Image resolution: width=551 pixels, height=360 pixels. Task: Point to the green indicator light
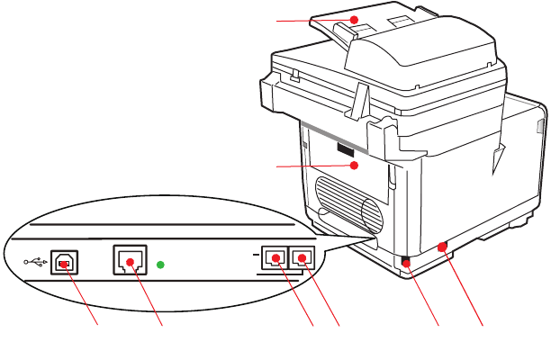point(160,265)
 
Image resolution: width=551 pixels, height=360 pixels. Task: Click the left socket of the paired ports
point(274,258)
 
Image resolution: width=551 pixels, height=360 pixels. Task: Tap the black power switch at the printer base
point(405,262)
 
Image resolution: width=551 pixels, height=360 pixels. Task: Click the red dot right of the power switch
point(440,245)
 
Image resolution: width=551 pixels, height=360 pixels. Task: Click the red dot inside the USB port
point(63,264)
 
